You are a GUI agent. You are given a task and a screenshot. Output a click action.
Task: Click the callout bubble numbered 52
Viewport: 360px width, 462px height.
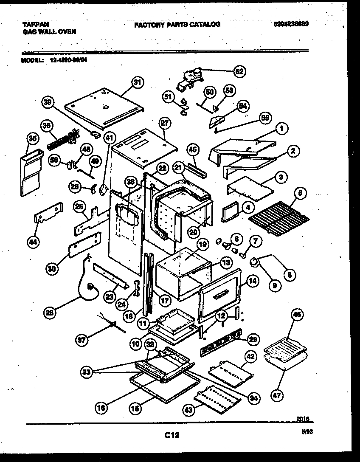(239, 71)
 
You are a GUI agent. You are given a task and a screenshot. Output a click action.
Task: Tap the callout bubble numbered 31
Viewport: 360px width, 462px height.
(136, 83)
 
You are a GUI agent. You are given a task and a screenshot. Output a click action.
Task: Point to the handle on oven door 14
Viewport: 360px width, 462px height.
(223, 294)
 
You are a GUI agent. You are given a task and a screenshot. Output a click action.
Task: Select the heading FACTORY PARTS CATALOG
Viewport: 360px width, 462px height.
(177, 25)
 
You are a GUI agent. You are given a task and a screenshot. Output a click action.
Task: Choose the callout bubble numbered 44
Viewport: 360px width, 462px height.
(33, 242)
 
